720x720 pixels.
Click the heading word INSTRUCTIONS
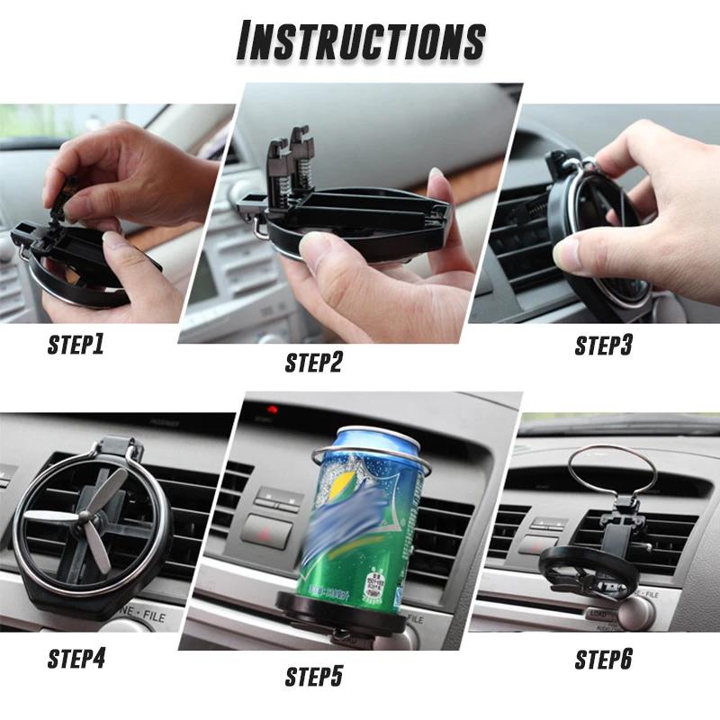[360, 40]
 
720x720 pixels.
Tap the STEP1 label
[75, 344]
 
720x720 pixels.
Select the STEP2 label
[314, 363]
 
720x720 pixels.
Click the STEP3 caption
[604, 346]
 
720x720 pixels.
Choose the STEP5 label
[314, 676]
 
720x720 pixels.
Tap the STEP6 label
[604, 660]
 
